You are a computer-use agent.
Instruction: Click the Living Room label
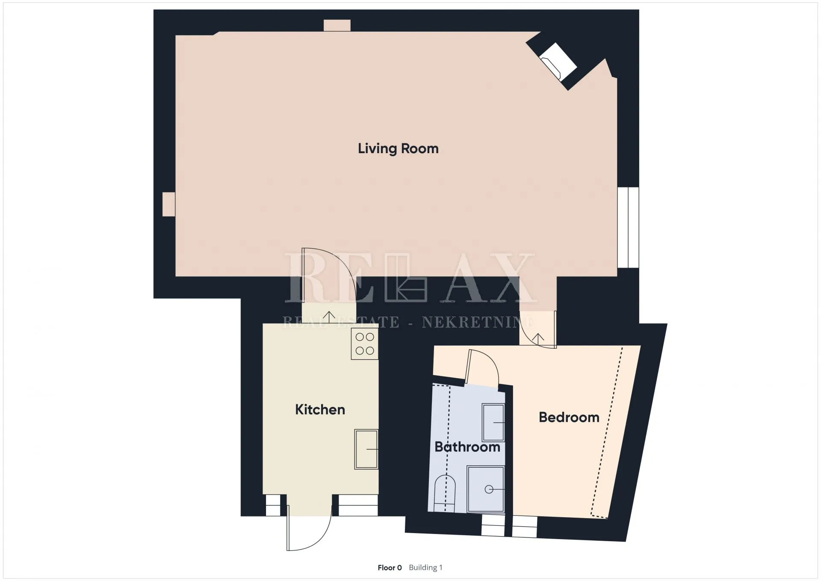pyautogui.click(x=398, y=149)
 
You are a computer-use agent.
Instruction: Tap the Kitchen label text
pyautogui.click(x=320, y=409)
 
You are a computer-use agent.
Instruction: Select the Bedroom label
pyautogui.click(x=569, y=417)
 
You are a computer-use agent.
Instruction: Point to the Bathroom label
pyautogui.click(x=467, y=447)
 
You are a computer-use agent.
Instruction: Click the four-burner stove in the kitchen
pyautogui.click(x=365, y=344)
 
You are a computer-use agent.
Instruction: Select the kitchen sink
pyautogui.click(x=366, y=449)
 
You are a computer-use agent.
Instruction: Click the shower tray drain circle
pyautogui.click(x=489, y=489)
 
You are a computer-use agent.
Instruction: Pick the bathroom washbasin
pyautogui.click(x=493, y=422)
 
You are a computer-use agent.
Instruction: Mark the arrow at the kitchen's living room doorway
pyautogui.click(x=329, y=317)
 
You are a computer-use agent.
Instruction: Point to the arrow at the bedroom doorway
pyautogui.click(x=538, y=339)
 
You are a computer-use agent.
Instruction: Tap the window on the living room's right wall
pyautogui.click(x=628, y=228)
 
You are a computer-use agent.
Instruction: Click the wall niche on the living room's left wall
pyautogui.click(x=168, y=204)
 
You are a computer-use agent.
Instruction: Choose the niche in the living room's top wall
pyautogui.click(x=337, y=26)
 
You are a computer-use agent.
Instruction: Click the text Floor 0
pyautogui.click(x=390, y=568)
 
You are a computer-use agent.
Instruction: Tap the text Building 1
pyautogui.click(x=425, y=568)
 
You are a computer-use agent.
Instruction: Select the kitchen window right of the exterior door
pyautogui.click(x=358, y=505)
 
